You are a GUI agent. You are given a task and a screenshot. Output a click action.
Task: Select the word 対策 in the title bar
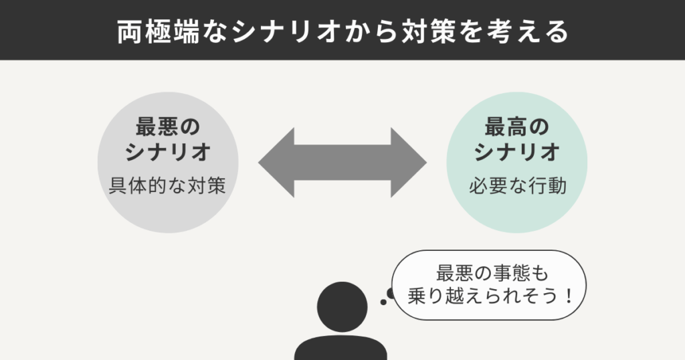pyautogui.click(x=422, y=31)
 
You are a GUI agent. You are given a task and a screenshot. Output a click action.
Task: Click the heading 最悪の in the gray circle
pyautogui.click(x=169, y=126)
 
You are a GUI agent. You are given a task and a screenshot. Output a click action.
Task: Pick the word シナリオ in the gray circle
pyautogui.click(x=169, y=153)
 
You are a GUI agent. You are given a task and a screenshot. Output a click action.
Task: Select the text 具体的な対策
pyautogui.click(x=168, y=186)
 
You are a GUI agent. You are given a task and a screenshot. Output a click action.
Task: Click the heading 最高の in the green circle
pyautogui.click(x=516, y=126)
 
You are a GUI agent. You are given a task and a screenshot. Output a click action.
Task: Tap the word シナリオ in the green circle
pyautogui.click(x=516, y=153)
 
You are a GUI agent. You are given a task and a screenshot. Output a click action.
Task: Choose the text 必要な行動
pyautogui.click(x=516, y=186)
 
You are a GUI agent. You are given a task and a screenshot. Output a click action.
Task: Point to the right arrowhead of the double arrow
pyautogui.click(x=409, y=162)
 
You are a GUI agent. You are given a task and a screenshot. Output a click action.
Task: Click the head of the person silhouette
pyautogui.click(x=341, y=307)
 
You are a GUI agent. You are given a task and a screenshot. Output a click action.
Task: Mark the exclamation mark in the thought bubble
pyautogui.click(x=569, y=294)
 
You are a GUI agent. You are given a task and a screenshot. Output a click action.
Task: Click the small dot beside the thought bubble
pyautogui.click(x=383, y=302)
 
